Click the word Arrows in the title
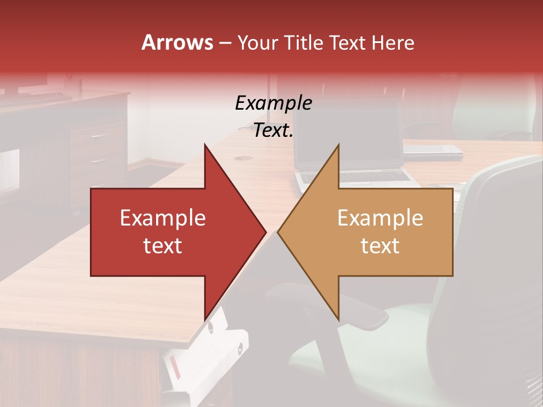pyautogui.click(x=177, y=42)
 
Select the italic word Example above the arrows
pyautogui.click(x=273, y=103)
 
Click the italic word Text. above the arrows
pyautogui.click(x=273, y=131)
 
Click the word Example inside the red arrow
pyautogui.click(x=162, y=218)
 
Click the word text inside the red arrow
pyautogui.click(x=162, y=246)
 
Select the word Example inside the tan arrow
pyautogui.click(x=380, y=218)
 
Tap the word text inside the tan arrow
pyautogui.click(x=380, y=246)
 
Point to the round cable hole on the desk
pyautogui.click(x=240, y=158)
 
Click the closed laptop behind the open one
pyautogui.click(x=433, y=151)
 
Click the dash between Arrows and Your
pyautogui.click(x=225, y=43)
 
